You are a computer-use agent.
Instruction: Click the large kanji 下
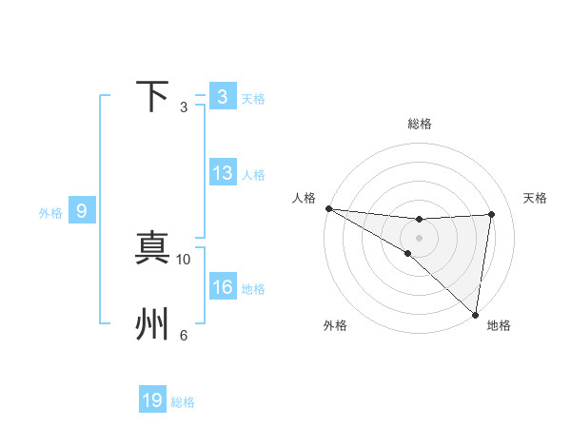[x=153, y=97]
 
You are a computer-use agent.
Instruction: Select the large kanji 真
[x=153, y=247]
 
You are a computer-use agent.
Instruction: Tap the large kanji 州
[x=153, y=324]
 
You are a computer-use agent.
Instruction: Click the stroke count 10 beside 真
[x=185, y=259]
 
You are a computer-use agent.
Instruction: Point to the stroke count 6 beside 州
[x=184, y=335]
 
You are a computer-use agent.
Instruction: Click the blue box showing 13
[x=223, y=173]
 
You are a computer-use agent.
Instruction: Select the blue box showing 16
[x=223, y=287]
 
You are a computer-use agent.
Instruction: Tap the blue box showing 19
[x=152, y=400]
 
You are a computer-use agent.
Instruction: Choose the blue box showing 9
[x=82, y=211]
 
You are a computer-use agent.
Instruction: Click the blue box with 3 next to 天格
[x=223, y=97]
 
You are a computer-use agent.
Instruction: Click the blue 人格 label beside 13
[x=253, y=175]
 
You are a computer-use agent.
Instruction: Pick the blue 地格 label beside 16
[x=253, y=289]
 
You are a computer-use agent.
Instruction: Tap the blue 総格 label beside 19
[x=183, y=402]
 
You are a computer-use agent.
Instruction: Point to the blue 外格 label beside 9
[x=50, y=213]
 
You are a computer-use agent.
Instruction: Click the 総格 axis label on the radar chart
[x=420, y=124]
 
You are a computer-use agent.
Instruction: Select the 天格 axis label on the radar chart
[x=536, y=198]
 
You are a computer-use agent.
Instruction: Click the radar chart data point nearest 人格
[x=328, y=208]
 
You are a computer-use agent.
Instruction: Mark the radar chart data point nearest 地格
[x=475, y=314]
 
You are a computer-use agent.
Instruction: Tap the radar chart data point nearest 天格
[x=492, y=214]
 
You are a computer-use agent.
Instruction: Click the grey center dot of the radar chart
[x=419, y=238]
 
